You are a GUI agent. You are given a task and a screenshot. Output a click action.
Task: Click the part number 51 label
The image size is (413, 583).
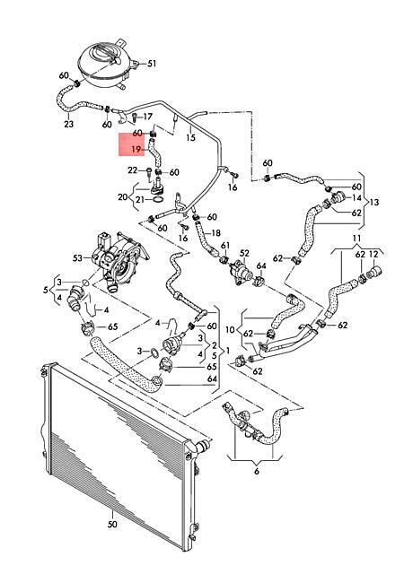pyautogui.click(x=152, y=64)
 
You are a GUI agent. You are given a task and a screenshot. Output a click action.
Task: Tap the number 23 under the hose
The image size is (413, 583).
pyautogui.click(x=69, y=124)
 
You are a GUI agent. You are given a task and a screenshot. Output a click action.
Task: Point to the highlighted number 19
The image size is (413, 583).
pyautogui.click(x=136, y=150)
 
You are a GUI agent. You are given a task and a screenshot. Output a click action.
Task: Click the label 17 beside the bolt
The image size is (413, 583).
pyautogui.click(x=148, y=117)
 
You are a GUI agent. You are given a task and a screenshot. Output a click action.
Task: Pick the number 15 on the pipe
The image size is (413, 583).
pyautogui.click(x=190, y=138)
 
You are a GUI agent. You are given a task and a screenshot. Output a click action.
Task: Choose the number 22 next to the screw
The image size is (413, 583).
pyautogui.click(x=133, y=170)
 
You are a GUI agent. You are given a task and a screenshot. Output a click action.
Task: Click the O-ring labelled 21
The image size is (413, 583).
pyautogui.click(x=158, y=200)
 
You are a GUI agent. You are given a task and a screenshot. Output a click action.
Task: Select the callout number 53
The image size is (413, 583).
pyautogui.click(x=77, y=257)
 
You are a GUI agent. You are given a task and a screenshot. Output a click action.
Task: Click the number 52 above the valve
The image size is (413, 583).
pyautogui.click(x=244, y=254)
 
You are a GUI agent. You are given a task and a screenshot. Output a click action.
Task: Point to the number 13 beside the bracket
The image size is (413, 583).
pyautogui.click(x=373, y=203)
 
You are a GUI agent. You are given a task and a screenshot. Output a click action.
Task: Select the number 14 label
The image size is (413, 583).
pyautogui.click(x=356, y=197)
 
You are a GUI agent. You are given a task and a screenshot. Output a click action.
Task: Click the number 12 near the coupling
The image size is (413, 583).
pyautogui.click(x=373, y=255)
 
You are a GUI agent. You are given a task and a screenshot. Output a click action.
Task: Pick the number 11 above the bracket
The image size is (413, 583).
pyautogui.click(x=356, y=238)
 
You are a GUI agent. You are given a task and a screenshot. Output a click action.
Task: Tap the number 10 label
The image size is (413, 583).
pyautogui.click(x=231, y=329)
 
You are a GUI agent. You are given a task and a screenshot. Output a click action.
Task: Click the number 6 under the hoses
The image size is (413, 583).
pyautogui.click(x=257, y=472)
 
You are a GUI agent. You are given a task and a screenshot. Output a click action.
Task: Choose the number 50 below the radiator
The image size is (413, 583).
pyautogui.click(x=112, y=525)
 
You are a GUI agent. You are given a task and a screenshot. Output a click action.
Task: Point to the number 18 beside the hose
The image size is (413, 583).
pyautogui.click(x=215, y=233)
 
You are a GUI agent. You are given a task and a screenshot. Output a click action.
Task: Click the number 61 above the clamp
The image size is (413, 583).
pyautogui.click(x=225, y=246)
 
